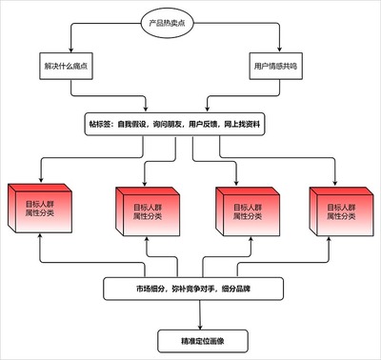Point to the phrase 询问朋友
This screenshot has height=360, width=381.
click(x=173, y=125)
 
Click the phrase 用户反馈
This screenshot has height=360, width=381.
click(x=212, y=125)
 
